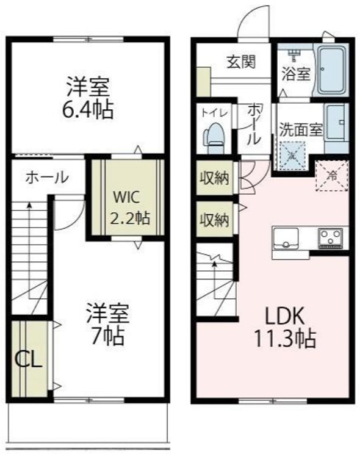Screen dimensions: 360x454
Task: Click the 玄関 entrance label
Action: [x=241, y=62]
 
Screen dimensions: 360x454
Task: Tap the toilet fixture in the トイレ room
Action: [x=214, y=138]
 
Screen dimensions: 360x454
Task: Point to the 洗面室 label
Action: [x=301, y=129]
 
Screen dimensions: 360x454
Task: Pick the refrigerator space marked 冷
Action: [x=332, y=176]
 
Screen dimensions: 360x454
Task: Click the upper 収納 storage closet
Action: [x=215, y=178]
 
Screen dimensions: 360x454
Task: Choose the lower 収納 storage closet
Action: [x=215, y=220]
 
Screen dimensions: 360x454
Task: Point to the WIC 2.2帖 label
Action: [x=131, y=207]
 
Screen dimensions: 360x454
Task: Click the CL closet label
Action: [x=29, y=360]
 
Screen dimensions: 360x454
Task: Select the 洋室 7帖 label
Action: [x=108, y=324]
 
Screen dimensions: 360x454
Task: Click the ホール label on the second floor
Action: [x=47, y=177]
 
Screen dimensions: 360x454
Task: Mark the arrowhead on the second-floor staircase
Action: [x=29, y=204]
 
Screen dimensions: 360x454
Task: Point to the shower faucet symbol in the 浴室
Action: [x=294, y=55]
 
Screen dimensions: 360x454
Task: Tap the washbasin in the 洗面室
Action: [x=337, y=123]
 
